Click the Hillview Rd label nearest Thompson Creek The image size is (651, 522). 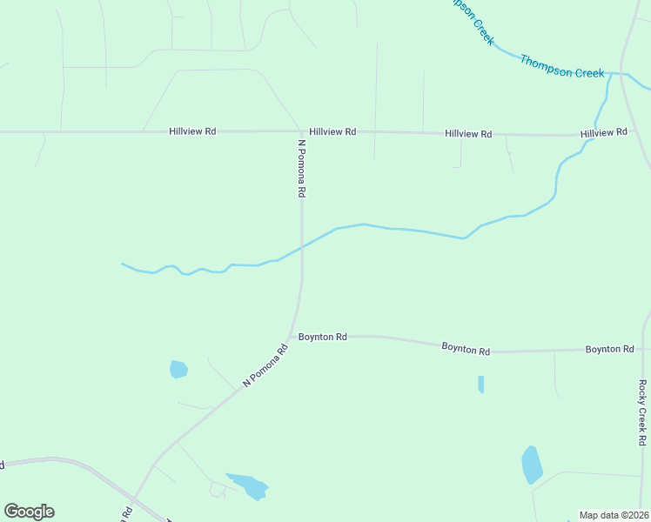click(x=604, y=132)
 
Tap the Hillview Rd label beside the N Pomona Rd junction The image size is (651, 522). click(x=332, y=131)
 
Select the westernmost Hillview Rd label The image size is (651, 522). click(x=192, y=131)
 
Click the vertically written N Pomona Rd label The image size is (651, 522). click(x=302, y=168)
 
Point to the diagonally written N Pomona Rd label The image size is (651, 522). click(x=265, y=366)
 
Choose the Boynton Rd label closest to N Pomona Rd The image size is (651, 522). click(x=323, y=336)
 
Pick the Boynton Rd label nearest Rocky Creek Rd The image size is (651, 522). click(x=609, y=349)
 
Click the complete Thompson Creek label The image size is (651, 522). click(x=562, y=67)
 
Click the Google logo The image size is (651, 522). click(x=29, y=512)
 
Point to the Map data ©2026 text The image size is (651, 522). click(x=614, y=515)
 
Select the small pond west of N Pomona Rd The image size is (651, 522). click(x=178, y=369)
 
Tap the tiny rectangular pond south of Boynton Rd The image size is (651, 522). click(x=480, y=384)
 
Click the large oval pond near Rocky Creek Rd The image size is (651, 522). click(x=532, y=465)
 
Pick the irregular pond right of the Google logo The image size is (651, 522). click(x=250, y=485)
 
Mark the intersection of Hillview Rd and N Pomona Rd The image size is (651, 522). click(x=302, y=131)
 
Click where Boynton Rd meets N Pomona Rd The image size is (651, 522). click(x=294, y=335)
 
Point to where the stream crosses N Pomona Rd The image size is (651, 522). click(x=302, y=246)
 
